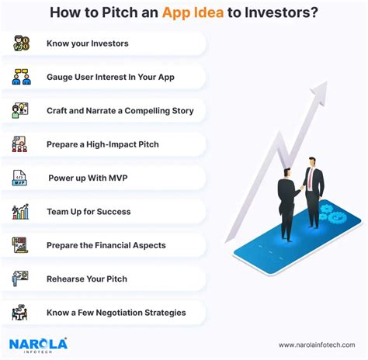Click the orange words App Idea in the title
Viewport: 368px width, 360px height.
coord(193,13)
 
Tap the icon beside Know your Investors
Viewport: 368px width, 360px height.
coord(21,43)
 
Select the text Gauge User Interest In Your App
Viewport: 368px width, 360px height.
coord(110,77)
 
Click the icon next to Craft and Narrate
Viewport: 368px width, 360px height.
coord(20,110)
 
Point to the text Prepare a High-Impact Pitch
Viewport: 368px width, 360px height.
coord(102,144)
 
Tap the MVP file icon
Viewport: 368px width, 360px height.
coord(19,178)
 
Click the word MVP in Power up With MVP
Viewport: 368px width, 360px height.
coord(118,178)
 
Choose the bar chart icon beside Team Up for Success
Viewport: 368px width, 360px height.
coord(20,212)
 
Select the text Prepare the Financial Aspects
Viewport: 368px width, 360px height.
coord(106,245)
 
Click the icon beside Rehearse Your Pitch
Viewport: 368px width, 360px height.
coord(20,279)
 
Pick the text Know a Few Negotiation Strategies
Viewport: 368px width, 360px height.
coord(116,313)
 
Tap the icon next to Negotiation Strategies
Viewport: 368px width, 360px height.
coord(19,313)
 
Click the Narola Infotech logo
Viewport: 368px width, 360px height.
coord(38,345)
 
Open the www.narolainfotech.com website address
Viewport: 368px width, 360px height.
coord(317,344)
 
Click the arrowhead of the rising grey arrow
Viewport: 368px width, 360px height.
coord(320,93)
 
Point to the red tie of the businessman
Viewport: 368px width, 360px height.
coord(311,178)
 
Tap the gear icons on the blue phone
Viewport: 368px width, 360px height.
coord(333,214)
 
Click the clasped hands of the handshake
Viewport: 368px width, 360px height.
coord(302,188)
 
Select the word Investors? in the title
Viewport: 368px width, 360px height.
coord(281,13)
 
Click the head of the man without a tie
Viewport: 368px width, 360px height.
coord(287,172)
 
